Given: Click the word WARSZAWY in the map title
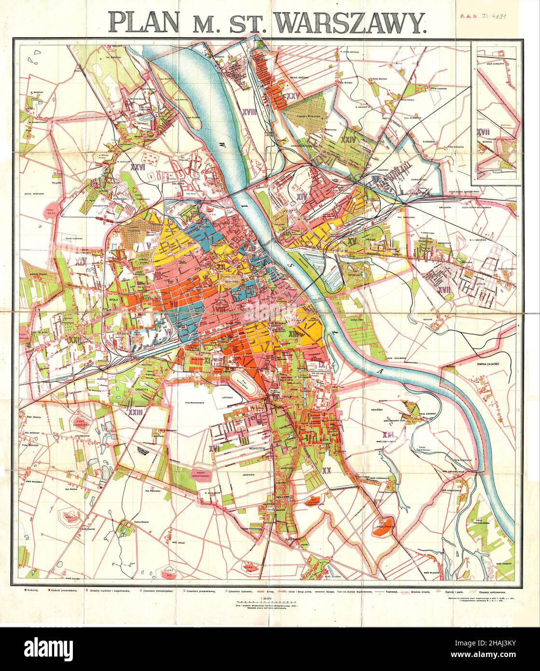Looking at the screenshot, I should point(354,22).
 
